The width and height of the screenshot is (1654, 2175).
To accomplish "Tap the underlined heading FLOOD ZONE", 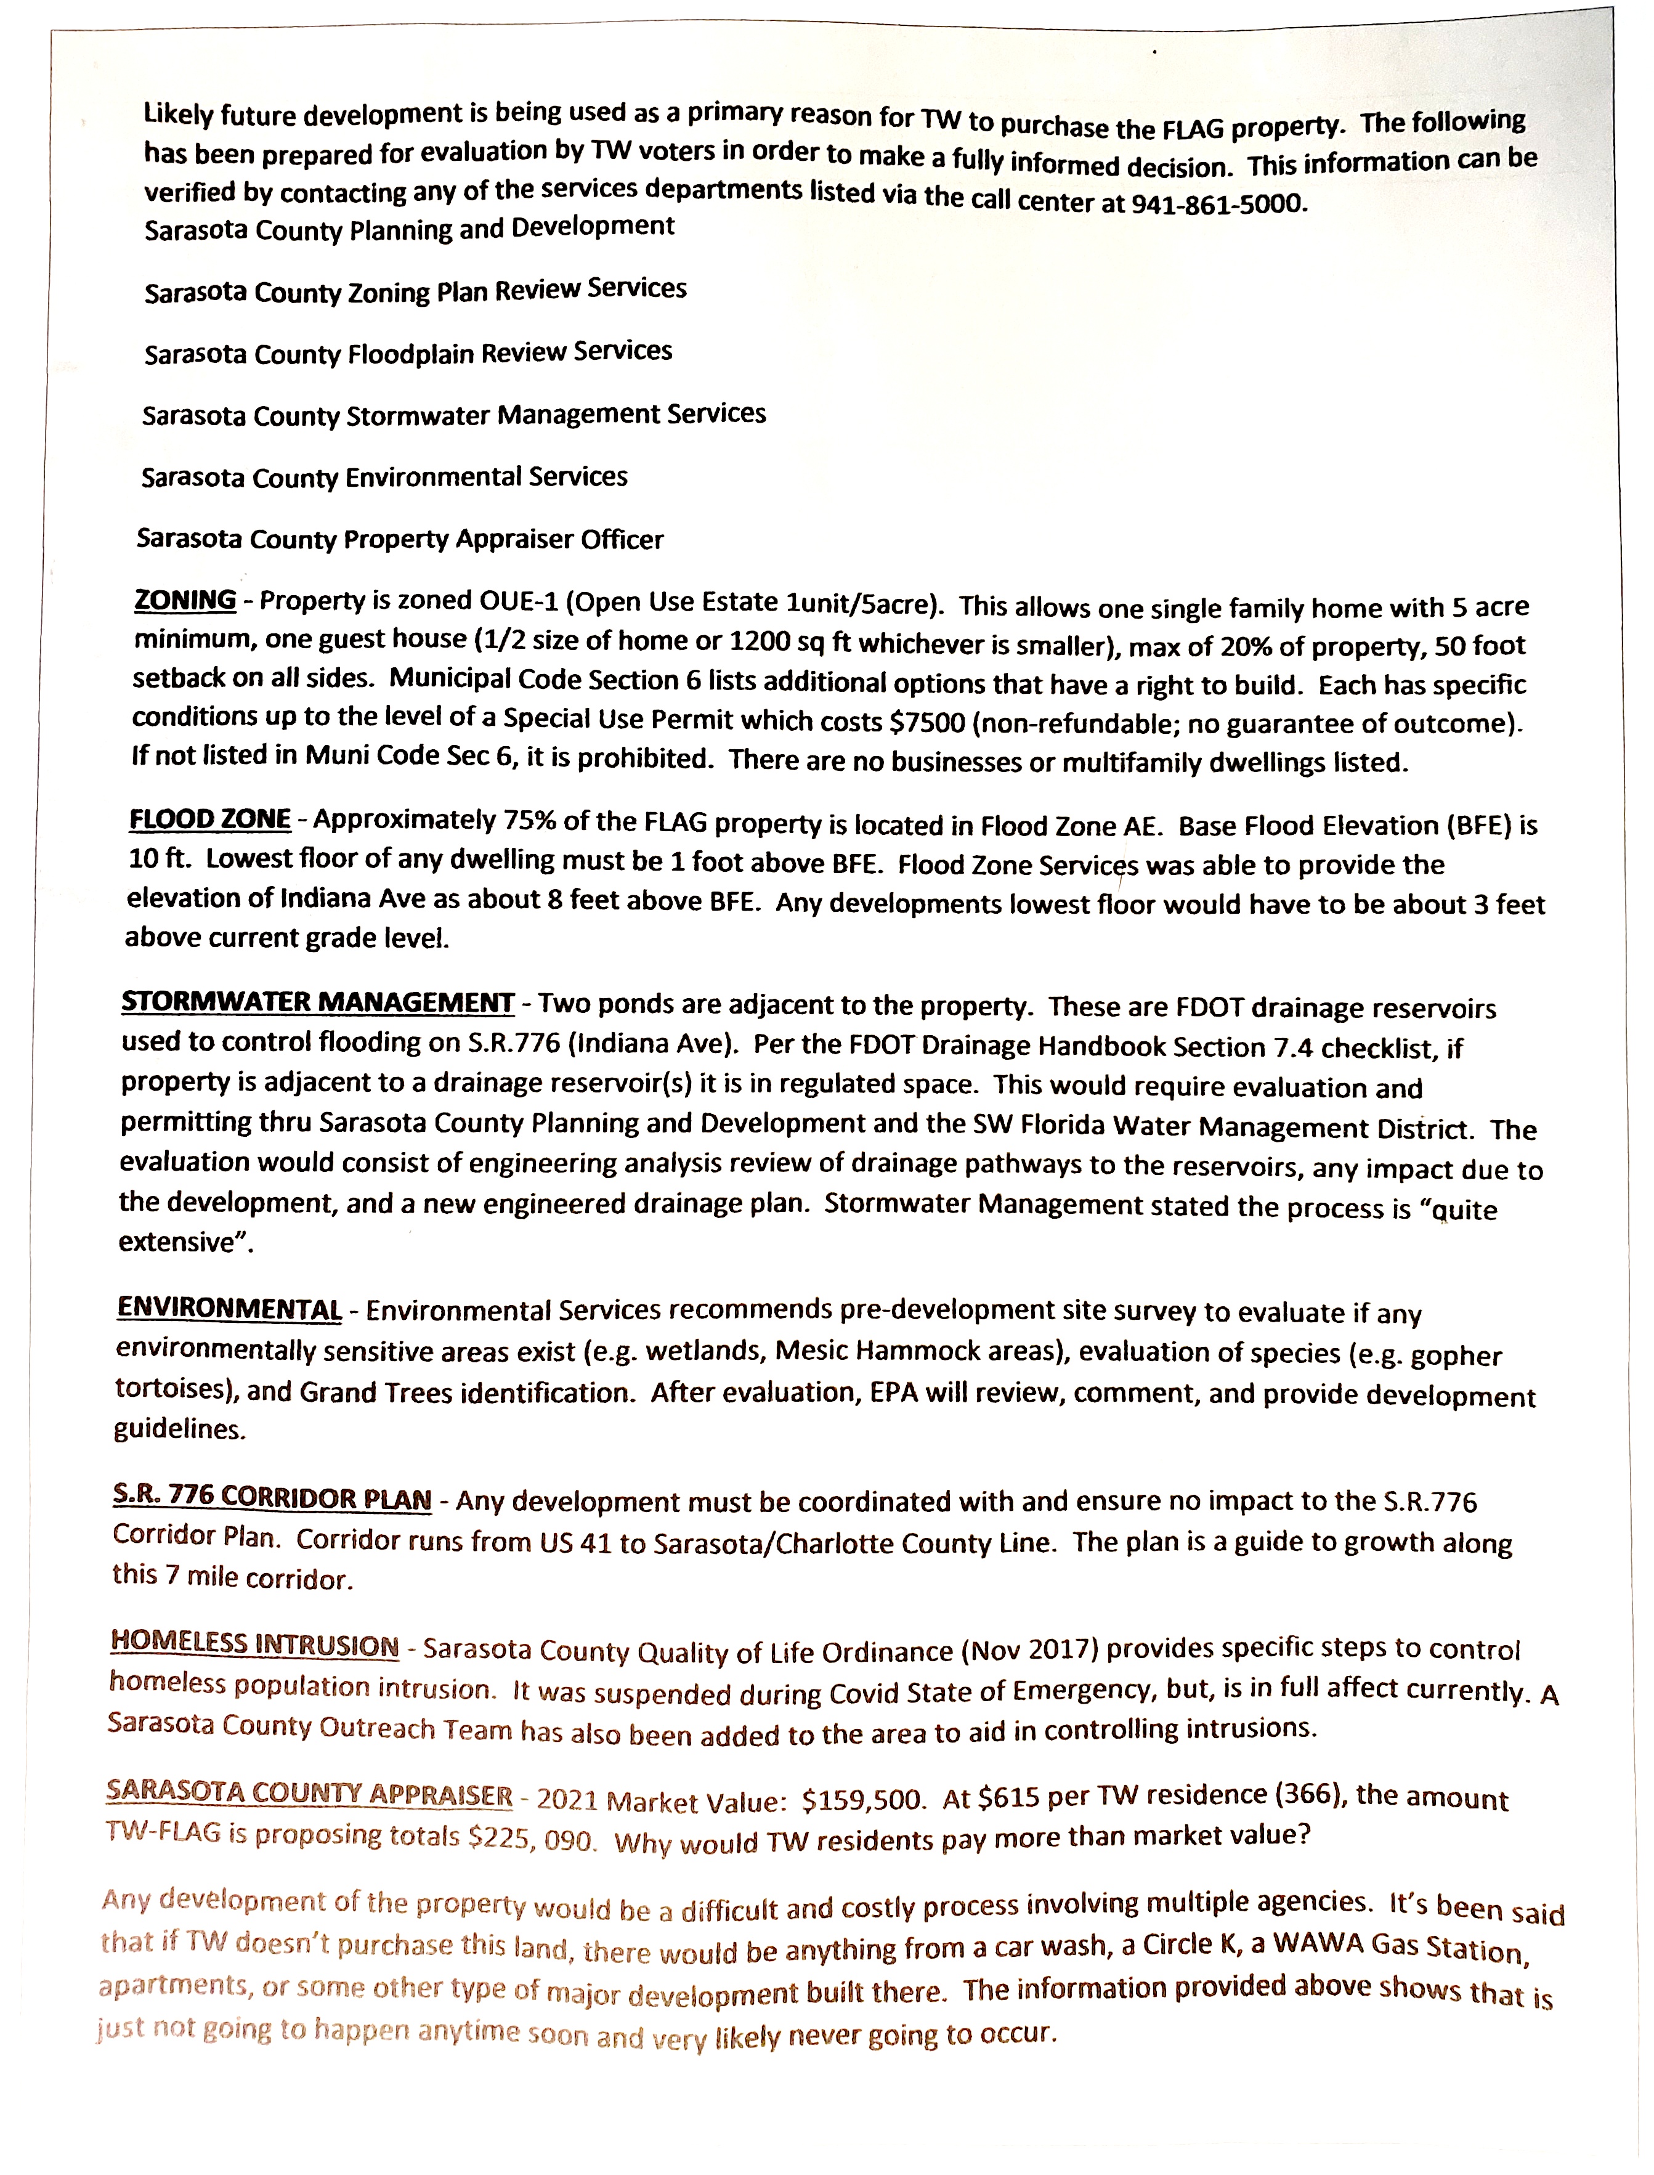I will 209,819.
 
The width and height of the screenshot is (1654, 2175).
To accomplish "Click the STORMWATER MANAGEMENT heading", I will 317,1002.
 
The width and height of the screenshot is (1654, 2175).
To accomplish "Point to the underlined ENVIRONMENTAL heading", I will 229,1309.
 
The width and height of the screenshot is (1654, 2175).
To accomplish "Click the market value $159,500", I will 862,1801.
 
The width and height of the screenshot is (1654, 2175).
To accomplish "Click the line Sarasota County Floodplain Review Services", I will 408,352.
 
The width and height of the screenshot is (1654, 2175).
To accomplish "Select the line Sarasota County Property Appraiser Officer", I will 400,540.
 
